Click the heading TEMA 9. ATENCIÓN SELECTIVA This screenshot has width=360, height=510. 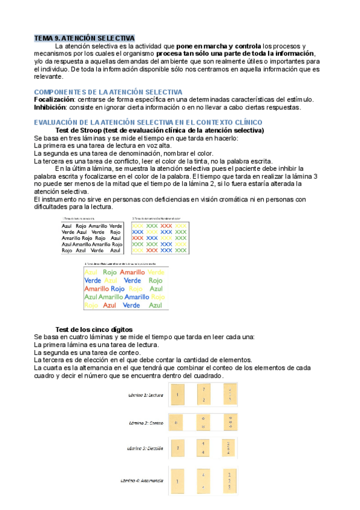tap(84, 38)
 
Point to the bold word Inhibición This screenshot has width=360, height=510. tap(51, 107)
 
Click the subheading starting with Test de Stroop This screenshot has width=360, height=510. tap(159, 131)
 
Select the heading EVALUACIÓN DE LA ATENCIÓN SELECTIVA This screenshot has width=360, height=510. tap(148, 122)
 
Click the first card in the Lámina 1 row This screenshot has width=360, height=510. tap(178, 394)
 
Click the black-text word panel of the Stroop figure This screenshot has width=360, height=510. tap(91, 238)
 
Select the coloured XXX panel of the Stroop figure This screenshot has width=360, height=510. tap(159, 238)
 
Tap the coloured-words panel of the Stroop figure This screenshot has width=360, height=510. tap(124, 287)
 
